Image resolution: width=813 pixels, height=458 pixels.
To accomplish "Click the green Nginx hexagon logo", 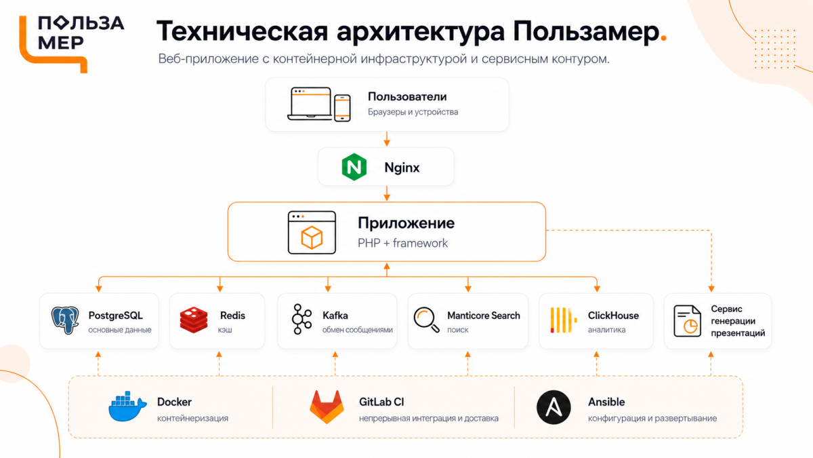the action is click(x=354, y=167).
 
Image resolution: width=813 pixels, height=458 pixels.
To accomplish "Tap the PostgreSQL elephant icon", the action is click(x=65, y=320).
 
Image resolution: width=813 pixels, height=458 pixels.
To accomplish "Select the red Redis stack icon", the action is click(x=194, y=320).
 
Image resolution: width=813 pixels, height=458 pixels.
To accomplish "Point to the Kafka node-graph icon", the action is click(x=301, y=319).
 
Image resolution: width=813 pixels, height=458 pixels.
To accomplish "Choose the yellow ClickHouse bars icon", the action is click(x=563, y=320).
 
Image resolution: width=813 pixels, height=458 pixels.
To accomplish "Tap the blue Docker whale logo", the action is click(x=127, y=406).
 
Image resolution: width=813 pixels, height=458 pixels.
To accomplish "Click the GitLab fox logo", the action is click(x=327, y=407).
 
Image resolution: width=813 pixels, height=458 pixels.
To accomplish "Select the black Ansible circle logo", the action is click(x=554, y=407).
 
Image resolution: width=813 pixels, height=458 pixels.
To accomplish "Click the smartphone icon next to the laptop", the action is click(x=342, y=108).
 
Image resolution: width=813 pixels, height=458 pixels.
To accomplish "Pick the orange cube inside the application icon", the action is click(x=312, y=237).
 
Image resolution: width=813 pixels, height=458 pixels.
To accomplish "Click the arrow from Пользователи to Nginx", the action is click(x=387, y=139).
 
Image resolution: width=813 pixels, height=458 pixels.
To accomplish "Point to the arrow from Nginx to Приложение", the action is click(x=387, y=193).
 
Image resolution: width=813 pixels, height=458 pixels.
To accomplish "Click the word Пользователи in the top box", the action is click(x=407, y=96).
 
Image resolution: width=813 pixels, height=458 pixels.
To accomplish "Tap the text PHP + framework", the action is click(x=402, y=243).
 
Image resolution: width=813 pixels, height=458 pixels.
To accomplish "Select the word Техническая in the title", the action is click(x=242, y=31).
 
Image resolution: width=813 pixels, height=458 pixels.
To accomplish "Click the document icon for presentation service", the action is click(x=688, y=321).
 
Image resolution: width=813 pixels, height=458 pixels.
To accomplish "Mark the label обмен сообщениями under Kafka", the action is click(x=358, y=330).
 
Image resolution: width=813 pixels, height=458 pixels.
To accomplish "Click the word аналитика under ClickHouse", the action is click(x=606, y=330).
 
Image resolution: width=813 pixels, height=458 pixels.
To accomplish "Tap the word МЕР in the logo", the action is click(x=60, y=43).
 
